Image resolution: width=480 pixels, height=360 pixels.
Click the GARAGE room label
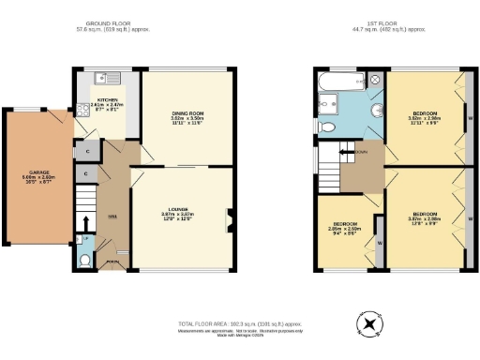coord(35,175)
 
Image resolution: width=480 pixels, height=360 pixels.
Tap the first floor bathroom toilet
coord(327,127)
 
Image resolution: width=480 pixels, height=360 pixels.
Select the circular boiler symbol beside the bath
coord(376,81)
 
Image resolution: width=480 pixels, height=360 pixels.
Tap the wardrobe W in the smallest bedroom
coord(380,242)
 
